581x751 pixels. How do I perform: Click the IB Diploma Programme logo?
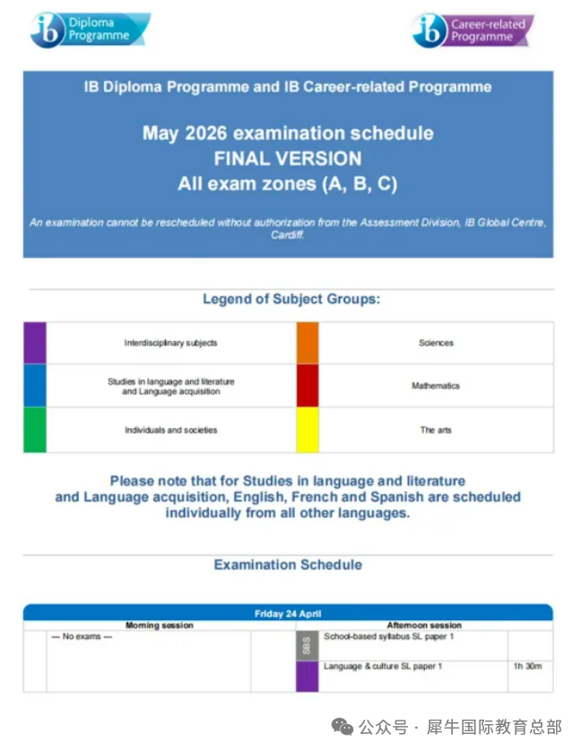click(x=90, y=31)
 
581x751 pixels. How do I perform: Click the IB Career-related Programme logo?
click(x=473, y=31)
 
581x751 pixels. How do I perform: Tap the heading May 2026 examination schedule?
click(x=288, y=134)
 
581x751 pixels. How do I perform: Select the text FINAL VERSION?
click(x=288, y=159)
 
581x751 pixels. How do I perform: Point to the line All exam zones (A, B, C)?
click(x=288, y=185)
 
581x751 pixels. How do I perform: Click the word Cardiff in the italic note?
click(x=288, y=234)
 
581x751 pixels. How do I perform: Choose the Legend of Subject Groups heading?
click(x=291, y=299)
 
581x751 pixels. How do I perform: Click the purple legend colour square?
click(x=35, y=343)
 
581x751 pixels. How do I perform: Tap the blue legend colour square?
click(x=35, y=386)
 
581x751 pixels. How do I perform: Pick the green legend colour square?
click(x=35, y=430)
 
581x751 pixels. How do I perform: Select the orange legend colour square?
click(x=308, y=343)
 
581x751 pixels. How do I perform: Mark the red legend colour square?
click(x=308, y=386)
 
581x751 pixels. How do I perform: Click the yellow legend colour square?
click(x=308, y=430)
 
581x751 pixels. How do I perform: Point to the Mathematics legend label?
click(x=436, y=386)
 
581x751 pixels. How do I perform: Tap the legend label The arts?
click(x=436, y=430)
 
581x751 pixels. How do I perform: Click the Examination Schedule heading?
click(x=288, y=564)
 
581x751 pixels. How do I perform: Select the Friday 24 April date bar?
click(x=288, y=614)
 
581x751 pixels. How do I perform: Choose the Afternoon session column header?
click(x=424, y=625)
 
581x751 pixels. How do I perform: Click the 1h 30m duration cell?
click(x=527, y=667)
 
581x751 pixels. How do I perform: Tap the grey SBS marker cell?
click(x=307, y=645)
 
